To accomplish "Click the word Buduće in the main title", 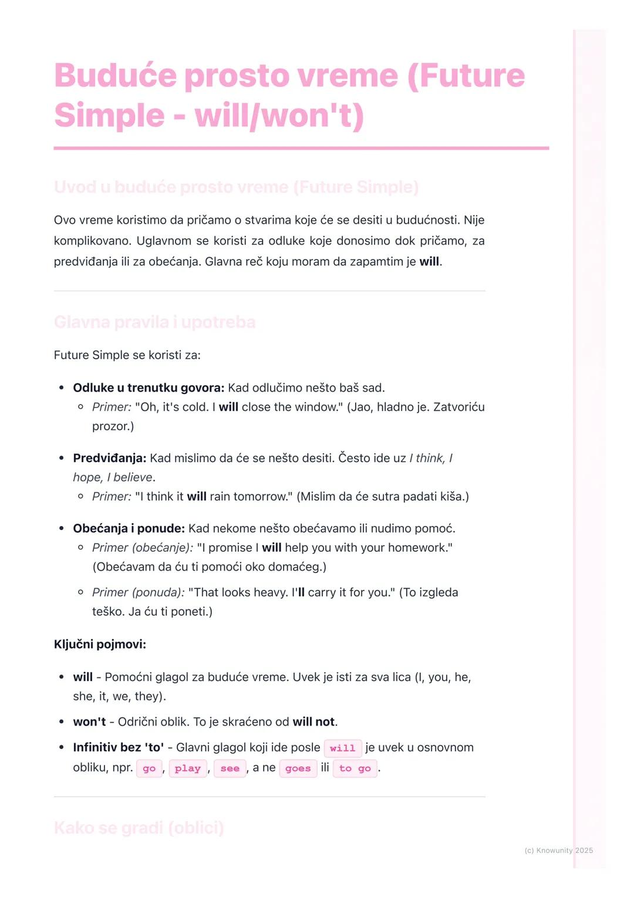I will pos(115,76).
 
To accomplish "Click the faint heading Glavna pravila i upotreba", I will pos(154,322).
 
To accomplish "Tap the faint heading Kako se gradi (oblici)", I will pos(139,828).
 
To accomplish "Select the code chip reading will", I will pos(342,748).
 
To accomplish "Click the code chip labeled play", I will pos(188,768).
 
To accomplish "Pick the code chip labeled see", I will pos(230,768).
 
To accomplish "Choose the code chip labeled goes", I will pos(298,768).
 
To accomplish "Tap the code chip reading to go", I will pos(355,768).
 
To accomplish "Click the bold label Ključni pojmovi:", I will pos(100,645).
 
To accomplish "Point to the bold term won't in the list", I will pos(89,721).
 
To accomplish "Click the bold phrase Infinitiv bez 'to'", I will pos(118,747).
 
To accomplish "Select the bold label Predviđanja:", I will pos(109,458).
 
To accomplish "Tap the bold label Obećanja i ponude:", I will pos(129,528).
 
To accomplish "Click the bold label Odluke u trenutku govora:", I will pos(149,387).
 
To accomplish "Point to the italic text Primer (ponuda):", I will pos(139,592).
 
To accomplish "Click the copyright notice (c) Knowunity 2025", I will pos(558,850).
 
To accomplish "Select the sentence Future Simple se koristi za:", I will pos(127,355).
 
